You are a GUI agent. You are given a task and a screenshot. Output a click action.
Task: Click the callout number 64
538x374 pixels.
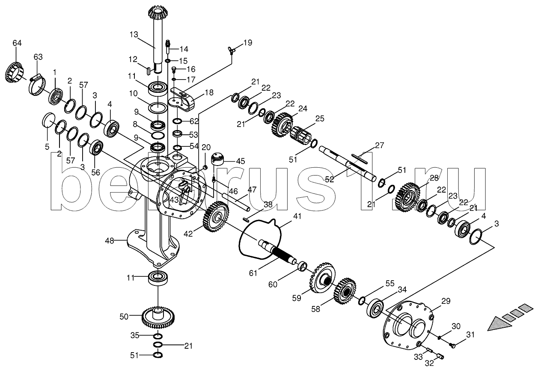click(x=17, y=43)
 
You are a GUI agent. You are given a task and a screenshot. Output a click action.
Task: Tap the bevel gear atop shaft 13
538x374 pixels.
click(x=158, y=14)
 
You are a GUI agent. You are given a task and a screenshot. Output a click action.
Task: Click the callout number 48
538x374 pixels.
click(x=110, y=240)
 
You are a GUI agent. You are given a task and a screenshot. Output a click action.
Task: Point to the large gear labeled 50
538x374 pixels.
click(x=158, y=318)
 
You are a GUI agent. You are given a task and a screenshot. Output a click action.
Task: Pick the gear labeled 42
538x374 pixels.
click(x=216, y=217)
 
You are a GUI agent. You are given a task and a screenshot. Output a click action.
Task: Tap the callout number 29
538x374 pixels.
click(x=446, y=301)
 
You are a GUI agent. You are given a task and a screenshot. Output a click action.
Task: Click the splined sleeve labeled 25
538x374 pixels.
click(x=301, y=135)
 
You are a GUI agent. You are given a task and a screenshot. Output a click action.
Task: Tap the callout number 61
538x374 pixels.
click(x=253, y=273)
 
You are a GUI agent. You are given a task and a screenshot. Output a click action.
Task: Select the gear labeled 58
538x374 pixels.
click(x=345, y=291)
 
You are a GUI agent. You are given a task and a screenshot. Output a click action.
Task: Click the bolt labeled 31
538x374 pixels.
click(x=452, y=345)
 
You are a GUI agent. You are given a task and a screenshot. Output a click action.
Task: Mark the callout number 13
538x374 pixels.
click(x=134, y=35)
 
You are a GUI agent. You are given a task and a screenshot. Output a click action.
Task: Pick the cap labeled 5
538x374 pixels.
click(x=49, y=119)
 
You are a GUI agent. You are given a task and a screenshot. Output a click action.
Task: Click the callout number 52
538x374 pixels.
click(x=329, y=179)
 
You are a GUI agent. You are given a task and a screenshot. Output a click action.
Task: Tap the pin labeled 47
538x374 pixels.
click(x=236, y=202)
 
